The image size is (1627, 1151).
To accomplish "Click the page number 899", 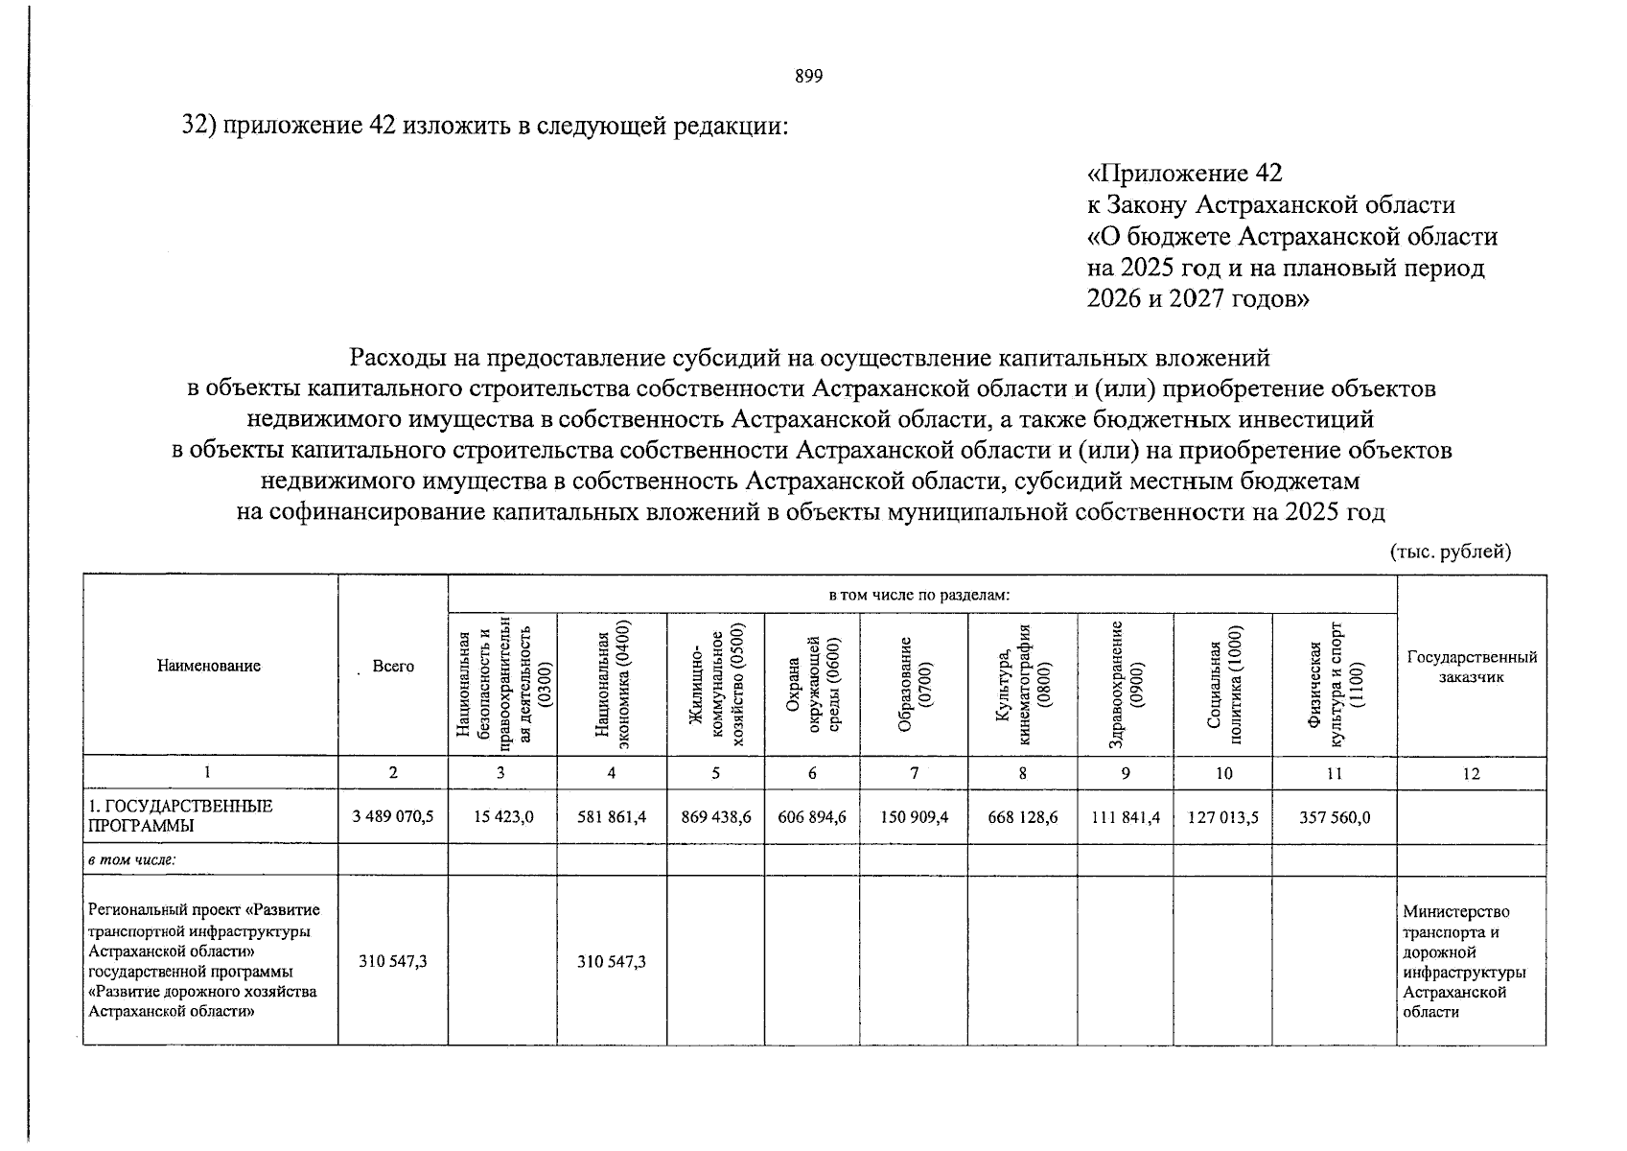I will [x=808, y=78].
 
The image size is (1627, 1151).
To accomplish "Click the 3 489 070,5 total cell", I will [x=392, y=816].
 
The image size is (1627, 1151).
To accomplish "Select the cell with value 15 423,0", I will [x=502, y=816].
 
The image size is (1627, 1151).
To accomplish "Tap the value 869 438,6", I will [x=715, y=816].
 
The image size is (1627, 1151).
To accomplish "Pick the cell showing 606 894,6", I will [x=811, y=816].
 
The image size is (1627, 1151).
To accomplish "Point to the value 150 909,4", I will [x=913, y=816].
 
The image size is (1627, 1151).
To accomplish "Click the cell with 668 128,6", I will [x=1022, y=816].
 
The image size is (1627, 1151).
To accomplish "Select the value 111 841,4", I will [x=1125, y=816].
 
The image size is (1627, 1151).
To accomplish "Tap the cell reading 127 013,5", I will [x=1222, y=816].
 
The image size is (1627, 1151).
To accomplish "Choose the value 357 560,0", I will [x=1334, y=816].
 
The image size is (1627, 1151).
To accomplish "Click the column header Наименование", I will [x=209, y=666].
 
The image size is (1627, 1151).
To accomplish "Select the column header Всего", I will [x=393, y=666].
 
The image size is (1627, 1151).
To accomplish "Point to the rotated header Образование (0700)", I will [x=914, y=684].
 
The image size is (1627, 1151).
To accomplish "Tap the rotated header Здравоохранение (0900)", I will [x=1126, y=684].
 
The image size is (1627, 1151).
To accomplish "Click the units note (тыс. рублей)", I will [x=1450, y=552].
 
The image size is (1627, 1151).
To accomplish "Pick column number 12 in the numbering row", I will [x=1471, y=773].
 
